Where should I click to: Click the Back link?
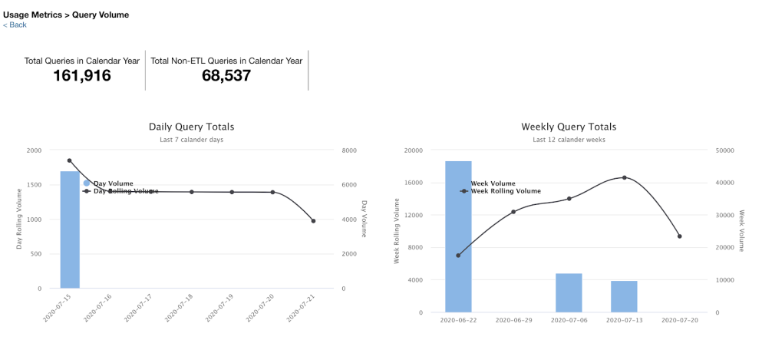click(x=15, y=25)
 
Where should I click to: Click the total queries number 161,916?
click(x=82, y=75)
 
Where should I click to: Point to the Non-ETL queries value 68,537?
click(x=226, y=75)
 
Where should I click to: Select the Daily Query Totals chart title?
click(x=191, y=127)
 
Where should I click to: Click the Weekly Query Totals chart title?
click(x=569, y=127)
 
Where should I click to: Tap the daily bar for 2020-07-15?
click(x=70, y=230)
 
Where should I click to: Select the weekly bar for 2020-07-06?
click(x=569, y=292)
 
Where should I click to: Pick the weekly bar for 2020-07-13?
click(x=624, y=296)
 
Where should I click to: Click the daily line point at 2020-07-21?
click(x=313, y=221)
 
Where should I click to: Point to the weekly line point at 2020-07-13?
click(x=624, y=177)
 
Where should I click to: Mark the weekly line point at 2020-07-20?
click(x=679, y=236)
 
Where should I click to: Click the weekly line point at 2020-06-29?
click(x=513, y=211)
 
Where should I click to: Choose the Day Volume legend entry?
click(x=112, y=183)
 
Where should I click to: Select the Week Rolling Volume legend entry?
click(x=505, y=191)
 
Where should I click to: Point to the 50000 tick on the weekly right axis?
click(x=724, y=150)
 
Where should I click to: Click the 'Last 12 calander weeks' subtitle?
click(x=569, y=140)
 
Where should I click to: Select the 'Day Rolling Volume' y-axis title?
click(x=20, y=220)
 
